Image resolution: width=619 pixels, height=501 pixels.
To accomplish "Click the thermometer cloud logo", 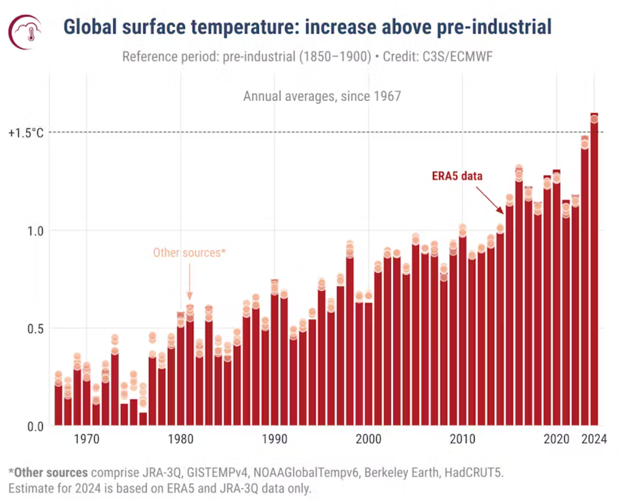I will (x=25, y=32).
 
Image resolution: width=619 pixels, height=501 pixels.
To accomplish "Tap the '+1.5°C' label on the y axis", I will (x=26, y=133).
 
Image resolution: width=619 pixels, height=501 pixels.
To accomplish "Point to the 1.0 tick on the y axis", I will (x=34, y=231).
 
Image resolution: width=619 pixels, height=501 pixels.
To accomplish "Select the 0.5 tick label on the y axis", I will (x=34, y=329).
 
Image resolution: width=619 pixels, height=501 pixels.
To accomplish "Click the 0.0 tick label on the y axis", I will (x=34, y=426).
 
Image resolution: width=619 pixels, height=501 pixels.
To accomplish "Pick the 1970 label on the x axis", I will (x=86, y=439).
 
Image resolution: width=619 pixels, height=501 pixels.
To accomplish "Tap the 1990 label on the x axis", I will (x=274, y=439).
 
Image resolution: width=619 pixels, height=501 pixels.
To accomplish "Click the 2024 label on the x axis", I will (x=594, y=439).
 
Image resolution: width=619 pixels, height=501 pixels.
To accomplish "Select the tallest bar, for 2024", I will (x=594, y=274).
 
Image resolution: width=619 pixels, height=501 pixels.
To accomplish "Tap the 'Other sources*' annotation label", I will (x=189, y=252).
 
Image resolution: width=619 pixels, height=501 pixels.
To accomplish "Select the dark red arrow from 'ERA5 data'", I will (x=489, y=199).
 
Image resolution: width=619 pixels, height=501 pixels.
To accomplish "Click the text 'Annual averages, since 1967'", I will (x=322, y=96).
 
